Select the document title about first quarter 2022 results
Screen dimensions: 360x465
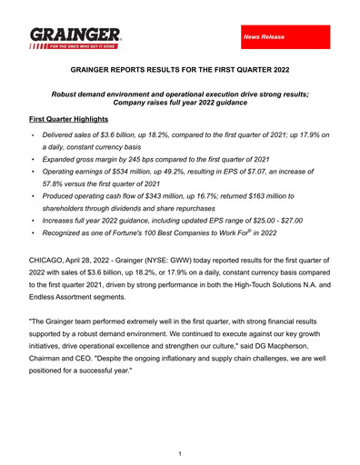coord(179,68)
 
